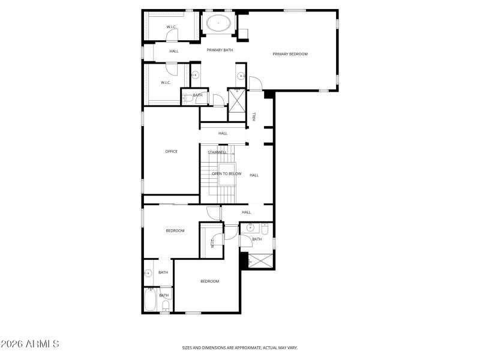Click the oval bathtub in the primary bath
(x=219, y=25)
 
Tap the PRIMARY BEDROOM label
(x=290, y=54)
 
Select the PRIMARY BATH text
(x=220, y=50)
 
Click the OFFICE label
(x=171, y=151)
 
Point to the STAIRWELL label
(x=217, y=152)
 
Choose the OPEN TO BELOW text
(x=226, y=174)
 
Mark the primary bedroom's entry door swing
(x=255, y=84)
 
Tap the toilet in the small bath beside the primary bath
(x=185, y=98)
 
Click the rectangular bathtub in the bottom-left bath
(x=150, y=299)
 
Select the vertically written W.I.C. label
(x=212, y=242)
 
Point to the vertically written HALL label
(x=254, y=116)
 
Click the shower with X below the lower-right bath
(x=260, y=262)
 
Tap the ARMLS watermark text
(x=30, y=344)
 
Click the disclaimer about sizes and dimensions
(x=240, y=347)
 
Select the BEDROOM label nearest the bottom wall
(x=209, y=281)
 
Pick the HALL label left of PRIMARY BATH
(x=174, y=51)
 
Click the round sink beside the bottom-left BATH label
(x=147, y=274)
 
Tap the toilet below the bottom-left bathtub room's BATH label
(x=165, y=307)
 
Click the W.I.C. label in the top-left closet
(x=171, y=26)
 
